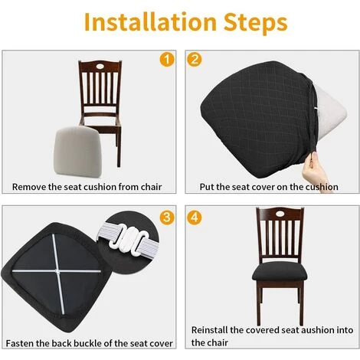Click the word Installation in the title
pos(150,22)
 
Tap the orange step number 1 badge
pos(167,60)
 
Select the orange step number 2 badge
pos(195,60)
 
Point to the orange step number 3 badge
pos(167,218)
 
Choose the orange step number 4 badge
pos(195,218)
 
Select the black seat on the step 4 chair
pos(280,272)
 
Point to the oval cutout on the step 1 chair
pos(100,66)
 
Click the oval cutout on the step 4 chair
pos(280,214)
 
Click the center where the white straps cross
pos(57,271)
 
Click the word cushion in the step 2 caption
pos(322,187)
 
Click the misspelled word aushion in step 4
pos(317,330)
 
